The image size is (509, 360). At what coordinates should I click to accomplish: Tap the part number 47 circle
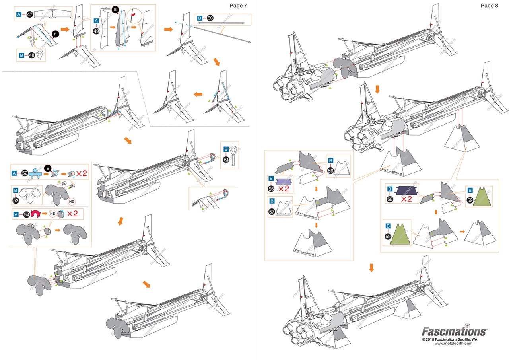coord(29,15)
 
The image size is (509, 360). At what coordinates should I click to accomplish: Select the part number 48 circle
coord(32,55)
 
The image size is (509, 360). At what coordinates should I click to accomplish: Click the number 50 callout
coord(210,18)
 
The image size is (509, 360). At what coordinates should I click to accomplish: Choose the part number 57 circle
coord(272,212)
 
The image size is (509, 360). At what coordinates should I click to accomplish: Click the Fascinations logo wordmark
coord(454,331)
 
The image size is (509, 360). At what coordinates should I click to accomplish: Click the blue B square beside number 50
coord(200,18)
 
